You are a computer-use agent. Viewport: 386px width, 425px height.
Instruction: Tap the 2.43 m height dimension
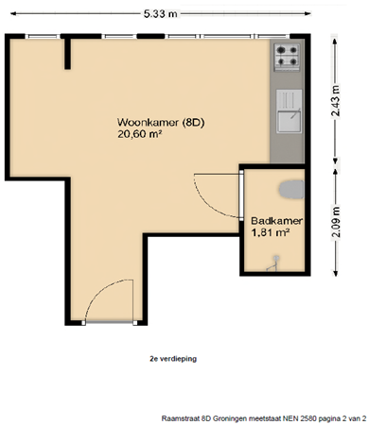[x=336, y=97]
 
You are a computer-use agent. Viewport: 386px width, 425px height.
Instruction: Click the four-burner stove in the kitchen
[x=287, y=58]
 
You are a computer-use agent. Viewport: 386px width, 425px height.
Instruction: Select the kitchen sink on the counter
[x=288, y=117]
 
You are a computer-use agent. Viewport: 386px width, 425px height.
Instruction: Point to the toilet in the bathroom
[x=296, y=190]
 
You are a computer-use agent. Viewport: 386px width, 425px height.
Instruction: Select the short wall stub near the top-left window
[x=67, y=56]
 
